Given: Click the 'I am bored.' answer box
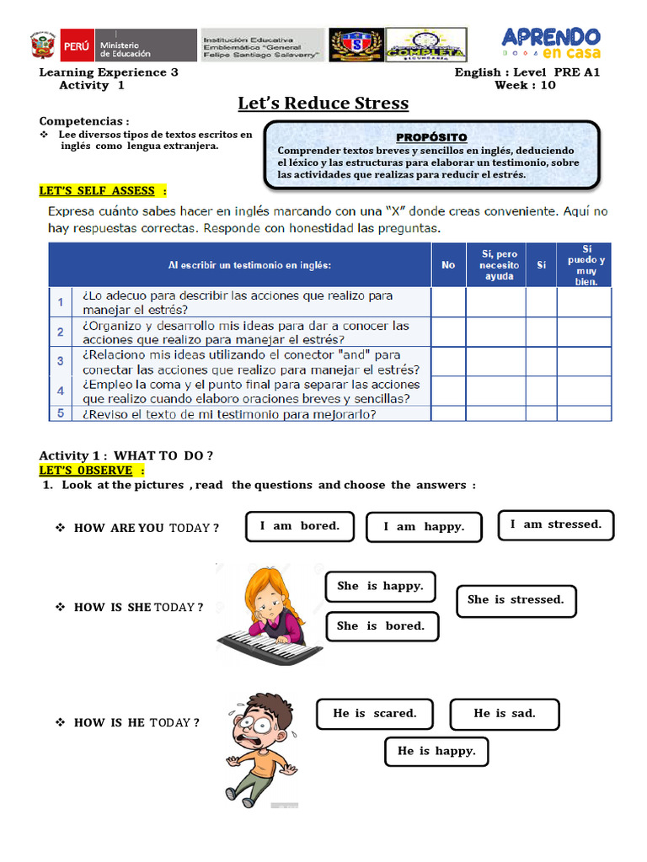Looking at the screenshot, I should (300, 526).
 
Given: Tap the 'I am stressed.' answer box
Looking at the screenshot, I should (556, 524).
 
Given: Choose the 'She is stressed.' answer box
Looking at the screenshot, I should (516, 600).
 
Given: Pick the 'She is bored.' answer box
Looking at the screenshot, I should (380, 626).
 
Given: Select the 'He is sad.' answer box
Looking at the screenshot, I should (505, 714).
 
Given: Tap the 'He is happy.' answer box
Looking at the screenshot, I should (436, 752).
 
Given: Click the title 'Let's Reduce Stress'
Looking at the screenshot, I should (323, 104).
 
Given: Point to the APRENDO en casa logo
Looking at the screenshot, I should (551, 45).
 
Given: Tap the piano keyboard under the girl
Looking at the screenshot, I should (269, 645).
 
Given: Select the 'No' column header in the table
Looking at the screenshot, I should (448, 265).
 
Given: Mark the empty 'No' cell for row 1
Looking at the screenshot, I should (448, 302).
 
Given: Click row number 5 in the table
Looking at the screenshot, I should (61, 413).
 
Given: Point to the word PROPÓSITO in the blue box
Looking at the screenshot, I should (431, 137).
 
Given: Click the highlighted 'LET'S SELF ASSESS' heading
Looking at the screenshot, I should (103, 191).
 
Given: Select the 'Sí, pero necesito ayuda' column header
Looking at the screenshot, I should (500, 265).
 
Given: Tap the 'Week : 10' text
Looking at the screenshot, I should (525, 85).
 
